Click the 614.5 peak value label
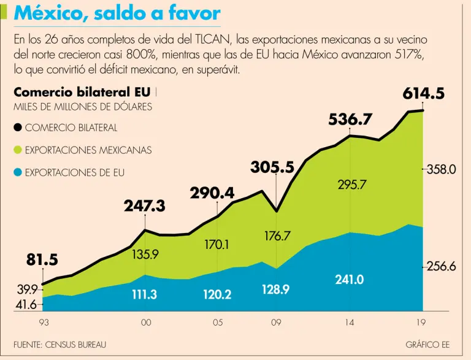[x=423, y=94]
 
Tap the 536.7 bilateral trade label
[x=350, y=119]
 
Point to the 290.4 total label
[x=212, y=193]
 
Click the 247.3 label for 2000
[x=145, y=207]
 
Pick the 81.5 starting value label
[x=42, y=259]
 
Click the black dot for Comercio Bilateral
[x=18, y=128]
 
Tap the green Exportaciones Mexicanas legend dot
[x=18, y=150]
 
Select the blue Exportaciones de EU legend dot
[x=18, y=172]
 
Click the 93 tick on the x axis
[x=43, y=323]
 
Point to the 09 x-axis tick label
[x=277, y=323]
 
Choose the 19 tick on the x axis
[x=421, y=323]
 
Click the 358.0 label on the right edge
[x=442, y=169]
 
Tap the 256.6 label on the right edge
[x=442, y=267]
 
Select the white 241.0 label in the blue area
[x=350, y=280]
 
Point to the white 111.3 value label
[x=145, y=295]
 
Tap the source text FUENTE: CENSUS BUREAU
[x=59, y=345]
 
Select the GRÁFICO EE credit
[x=431, y=345]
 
